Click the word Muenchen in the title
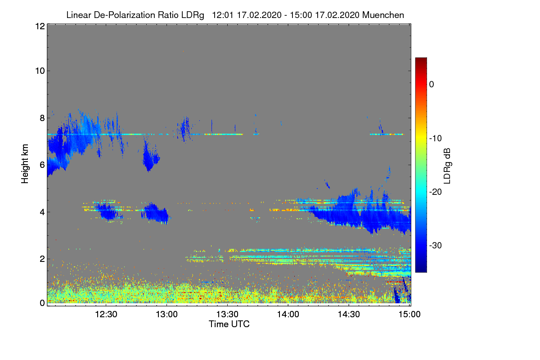click(x=383, y=15)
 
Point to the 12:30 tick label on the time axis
click(x=106, y=315)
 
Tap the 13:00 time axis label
click(x=167, y=315)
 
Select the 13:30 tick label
click(x=228, y=315)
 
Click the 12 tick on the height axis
click(x=39, y=26)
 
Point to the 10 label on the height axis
click(x=39, y=71)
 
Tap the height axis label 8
click(x=42, y=118)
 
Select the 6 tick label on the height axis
click(x=42, y=165)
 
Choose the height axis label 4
click(x=42, y=211)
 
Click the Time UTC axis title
click(x=229, y=324)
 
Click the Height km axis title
click(x=25, y=164)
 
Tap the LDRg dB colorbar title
click(x=447, y=166)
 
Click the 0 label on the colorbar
click(x=432, y=85)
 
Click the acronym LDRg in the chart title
click(x=193, y=15)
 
